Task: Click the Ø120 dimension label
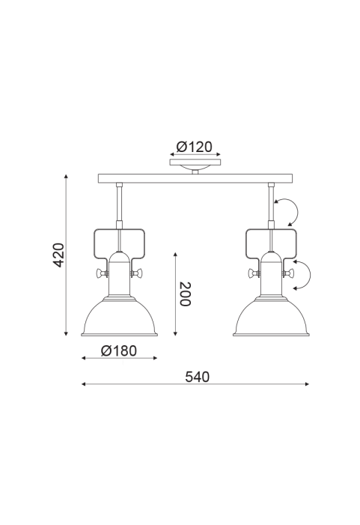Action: click(195, 147)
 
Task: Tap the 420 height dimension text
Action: click(59, 255)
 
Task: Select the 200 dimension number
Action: click(185, 294)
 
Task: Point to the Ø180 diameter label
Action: click(119, 350)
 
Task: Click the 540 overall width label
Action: click(197, 377)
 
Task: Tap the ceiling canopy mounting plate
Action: click(195, 163)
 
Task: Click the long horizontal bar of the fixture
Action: click(195, 178)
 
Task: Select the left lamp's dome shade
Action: click(119, 316)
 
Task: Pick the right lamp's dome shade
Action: click(271, 316)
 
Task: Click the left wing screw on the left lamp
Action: click(101, 273)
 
